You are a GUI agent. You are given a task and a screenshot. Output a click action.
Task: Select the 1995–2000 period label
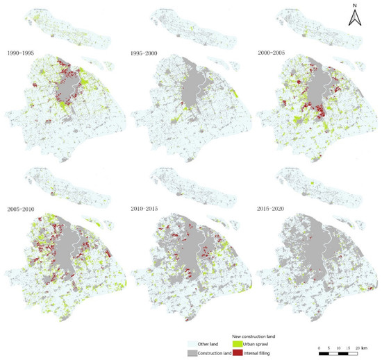tap(144, 53)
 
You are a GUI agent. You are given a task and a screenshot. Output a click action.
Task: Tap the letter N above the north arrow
tap(354, 6)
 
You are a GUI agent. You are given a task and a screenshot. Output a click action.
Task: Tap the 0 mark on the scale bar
tap(319, 347)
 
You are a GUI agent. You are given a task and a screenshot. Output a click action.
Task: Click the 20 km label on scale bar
tap(360, 347)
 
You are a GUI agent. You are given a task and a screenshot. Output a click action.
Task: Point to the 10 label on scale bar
tap(338, 347)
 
